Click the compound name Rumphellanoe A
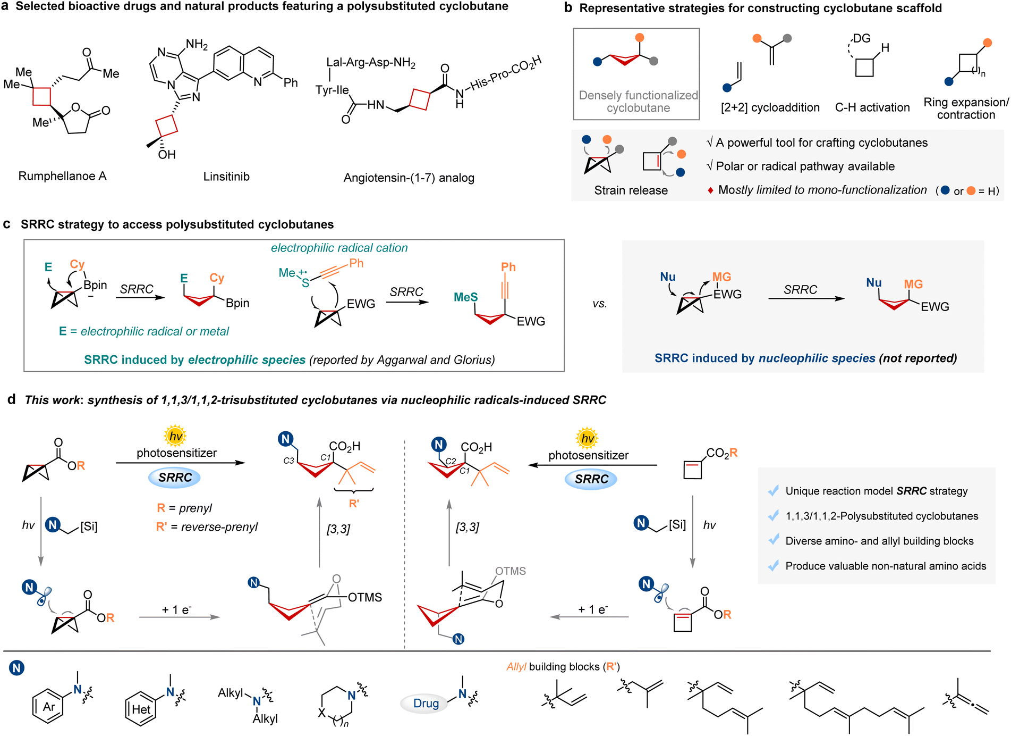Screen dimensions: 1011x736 [63, 176]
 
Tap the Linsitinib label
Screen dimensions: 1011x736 [226, 177]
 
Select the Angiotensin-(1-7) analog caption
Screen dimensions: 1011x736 [409, 178]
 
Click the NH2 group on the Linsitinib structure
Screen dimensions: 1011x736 [197, 44]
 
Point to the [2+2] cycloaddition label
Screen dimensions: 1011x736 [770, 107]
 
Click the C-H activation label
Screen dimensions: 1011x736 [872, 107]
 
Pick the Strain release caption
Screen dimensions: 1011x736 [631, 190]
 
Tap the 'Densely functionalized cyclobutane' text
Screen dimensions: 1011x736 [638, 102]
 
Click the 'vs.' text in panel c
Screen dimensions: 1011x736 [600, 304]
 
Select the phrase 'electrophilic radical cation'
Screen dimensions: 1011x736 [339, 248]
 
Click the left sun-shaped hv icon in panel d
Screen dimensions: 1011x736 [175, 436]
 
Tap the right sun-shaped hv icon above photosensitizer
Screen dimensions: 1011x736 [587, 438]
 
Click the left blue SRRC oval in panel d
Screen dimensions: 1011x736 [175, 478]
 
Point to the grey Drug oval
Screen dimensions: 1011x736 [426, 703]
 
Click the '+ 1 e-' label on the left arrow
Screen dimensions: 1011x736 [177, 609]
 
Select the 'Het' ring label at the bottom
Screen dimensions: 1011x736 [141, 709]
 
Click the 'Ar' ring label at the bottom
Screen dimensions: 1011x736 [49, 707]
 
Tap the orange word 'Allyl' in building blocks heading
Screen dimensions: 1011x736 [516, 667]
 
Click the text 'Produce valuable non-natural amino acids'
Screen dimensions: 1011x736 [886, 566]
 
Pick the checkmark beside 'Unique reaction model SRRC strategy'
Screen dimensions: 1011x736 [774, 490]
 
